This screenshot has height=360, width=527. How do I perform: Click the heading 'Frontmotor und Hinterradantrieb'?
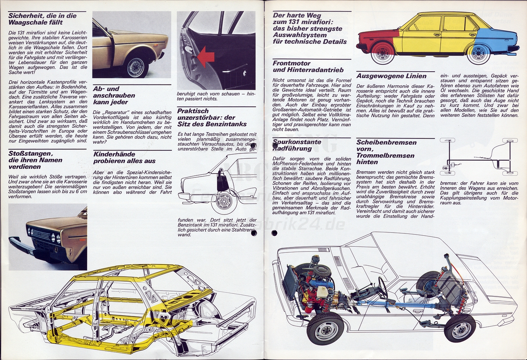pyautogui.click(x=308, y=67)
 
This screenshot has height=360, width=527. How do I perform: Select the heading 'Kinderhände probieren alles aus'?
pyautogui.click(x=124, y=158)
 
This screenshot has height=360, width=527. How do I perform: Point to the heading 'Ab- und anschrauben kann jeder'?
pyautogui.click(x=114, y=95)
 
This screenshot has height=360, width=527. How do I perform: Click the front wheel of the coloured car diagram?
pyautogui.click(x=383, y=52)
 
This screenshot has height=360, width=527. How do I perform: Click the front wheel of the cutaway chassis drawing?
pyautogui.click(x=326, y=330)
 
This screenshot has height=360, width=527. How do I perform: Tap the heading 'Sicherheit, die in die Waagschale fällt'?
pyautogui.click(x=42, y=19)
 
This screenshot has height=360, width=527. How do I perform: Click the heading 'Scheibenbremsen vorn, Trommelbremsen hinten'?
pyautogui.click(x=386, y=152)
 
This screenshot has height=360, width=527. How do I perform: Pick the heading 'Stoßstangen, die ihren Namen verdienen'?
pyautogui.click(x=35, y=160)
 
